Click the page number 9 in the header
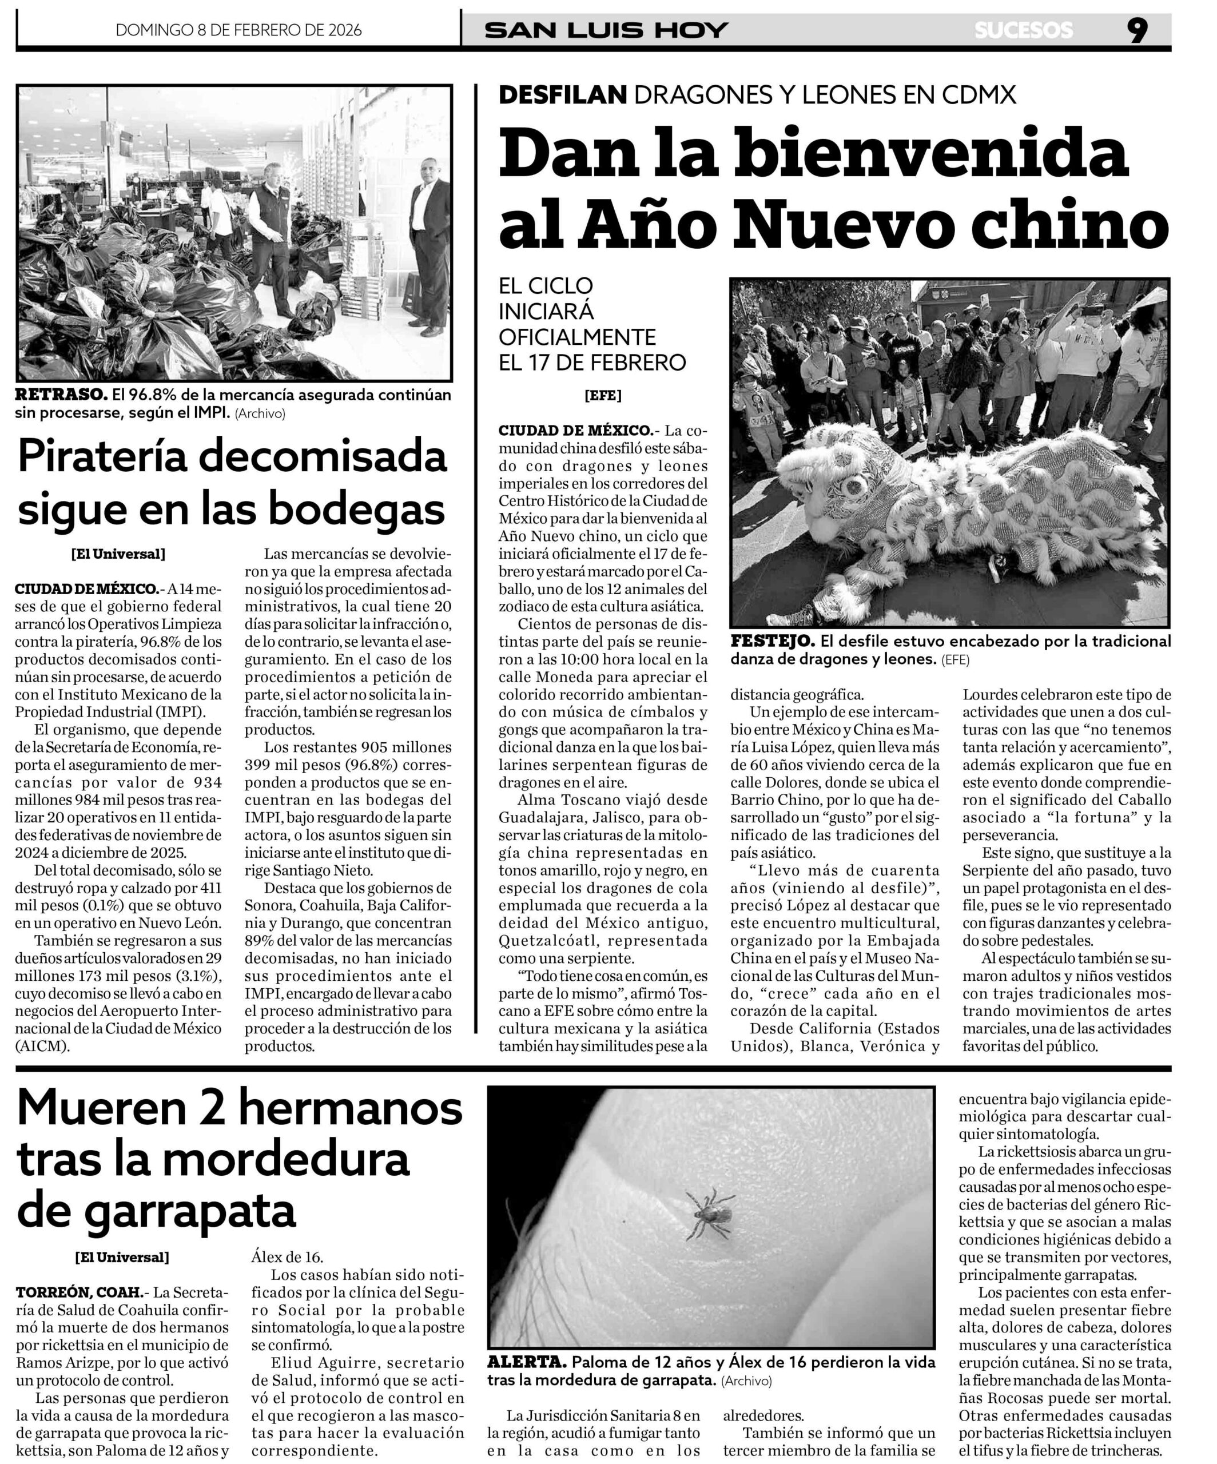(1137, 30)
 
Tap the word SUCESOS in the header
(1023, 30)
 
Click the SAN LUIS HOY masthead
(606, 30)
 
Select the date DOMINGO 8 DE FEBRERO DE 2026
(238, 30)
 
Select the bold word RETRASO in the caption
(61, 395)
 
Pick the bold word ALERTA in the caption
(526, 1362)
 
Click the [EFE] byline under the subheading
(603, 396)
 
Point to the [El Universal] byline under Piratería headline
(118, 554)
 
